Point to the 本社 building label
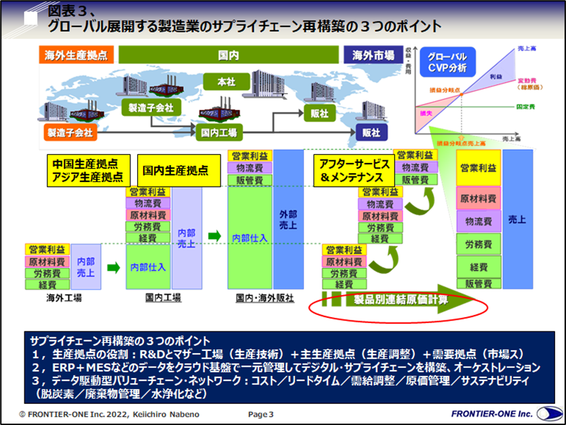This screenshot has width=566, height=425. tap(225, 81)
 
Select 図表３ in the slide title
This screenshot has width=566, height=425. tap(69, 12)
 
